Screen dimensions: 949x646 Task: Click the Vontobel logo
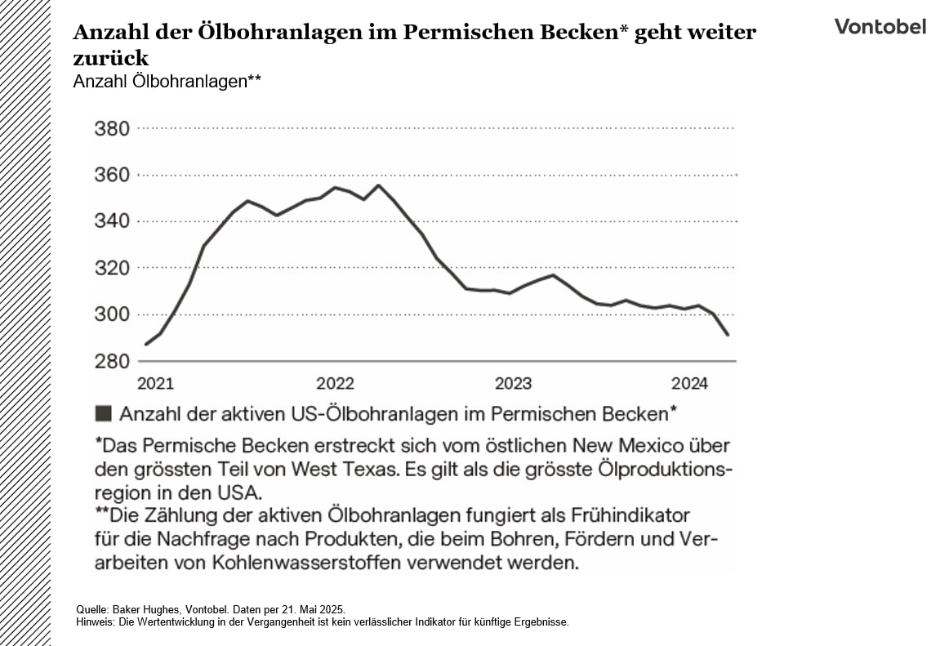880,26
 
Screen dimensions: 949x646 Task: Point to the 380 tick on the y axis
113,128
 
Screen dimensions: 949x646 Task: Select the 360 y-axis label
113,175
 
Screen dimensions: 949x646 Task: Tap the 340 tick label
113,221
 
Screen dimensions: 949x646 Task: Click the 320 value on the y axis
113,268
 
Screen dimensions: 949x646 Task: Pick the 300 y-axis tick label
113,314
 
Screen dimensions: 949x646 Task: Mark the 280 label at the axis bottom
113,361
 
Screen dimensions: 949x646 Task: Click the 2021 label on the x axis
155,384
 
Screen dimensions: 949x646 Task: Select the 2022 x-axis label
335,384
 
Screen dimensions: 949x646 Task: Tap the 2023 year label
513,384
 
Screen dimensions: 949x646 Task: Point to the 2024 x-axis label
689,384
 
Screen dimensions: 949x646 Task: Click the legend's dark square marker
104,413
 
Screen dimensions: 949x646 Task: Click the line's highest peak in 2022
378,185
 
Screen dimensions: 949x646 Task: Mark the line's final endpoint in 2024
728,335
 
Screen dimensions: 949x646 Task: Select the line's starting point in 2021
145,344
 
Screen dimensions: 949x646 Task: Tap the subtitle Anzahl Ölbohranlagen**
167,82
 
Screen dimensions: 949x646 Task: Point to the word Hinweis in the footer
91,621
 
